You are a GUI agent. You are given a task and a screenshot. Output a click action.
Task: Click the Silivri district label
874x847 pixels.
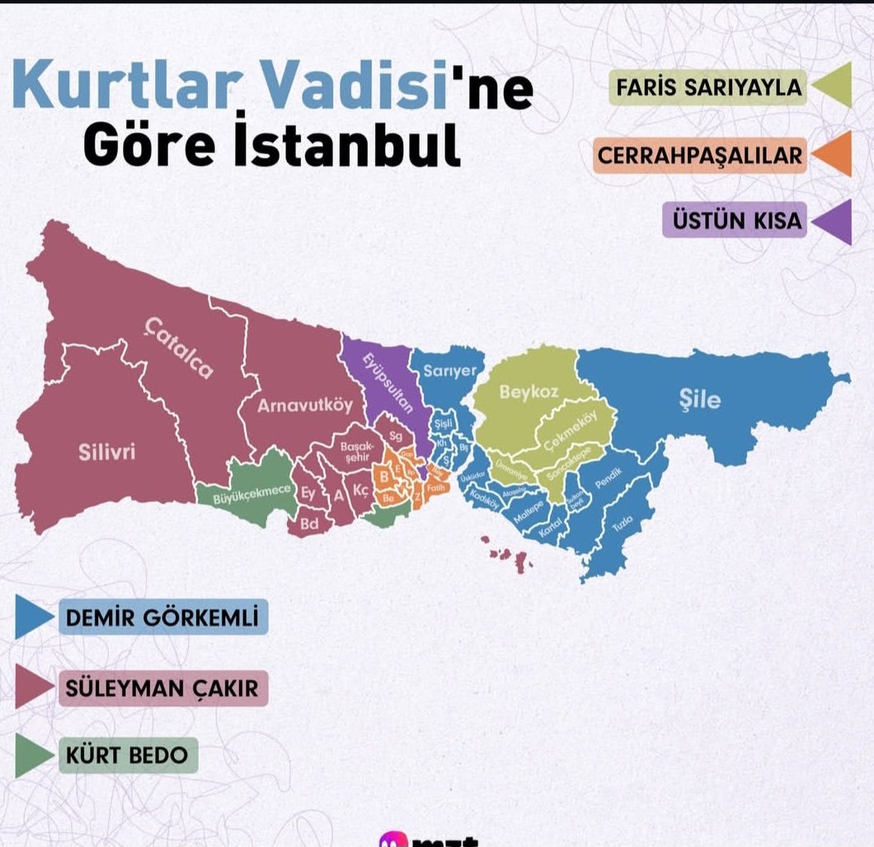coord(107,452)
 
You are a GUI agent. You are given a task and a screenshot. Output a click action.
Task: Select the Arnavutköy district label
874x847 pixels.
coord(304,406)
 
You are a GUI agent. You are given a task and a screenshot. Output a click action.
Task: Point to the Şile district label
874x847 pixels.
coord(699,400)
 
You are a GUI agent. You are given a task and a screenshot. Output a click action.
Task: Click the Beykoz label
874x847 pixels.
coord(523,393)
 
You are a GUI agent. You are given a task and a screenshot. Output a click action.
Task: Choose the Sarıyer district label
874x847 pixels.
coord(449,371)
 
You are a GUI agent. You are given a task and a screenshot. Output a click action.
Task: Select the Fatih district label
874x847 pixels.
coord(436,488)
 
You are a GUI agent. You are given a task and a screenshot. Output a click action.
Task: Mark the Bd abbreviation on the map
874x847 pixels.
coord(309,524)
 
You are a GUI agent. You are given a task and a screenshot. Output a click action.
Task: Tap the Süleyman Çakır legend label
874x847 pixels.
coord(162,688)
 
